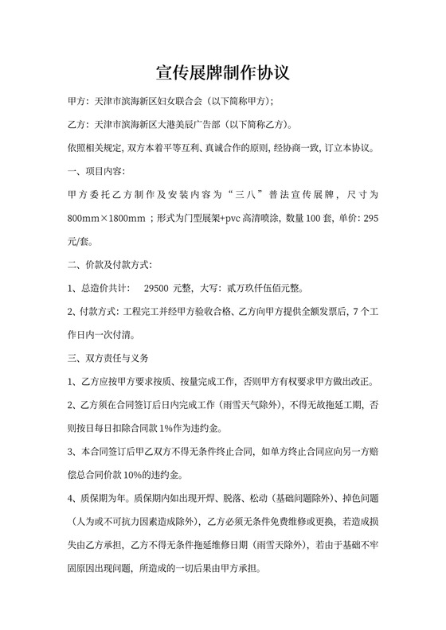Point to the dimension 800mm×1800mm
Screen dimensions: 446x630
[x=106, y=217]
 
